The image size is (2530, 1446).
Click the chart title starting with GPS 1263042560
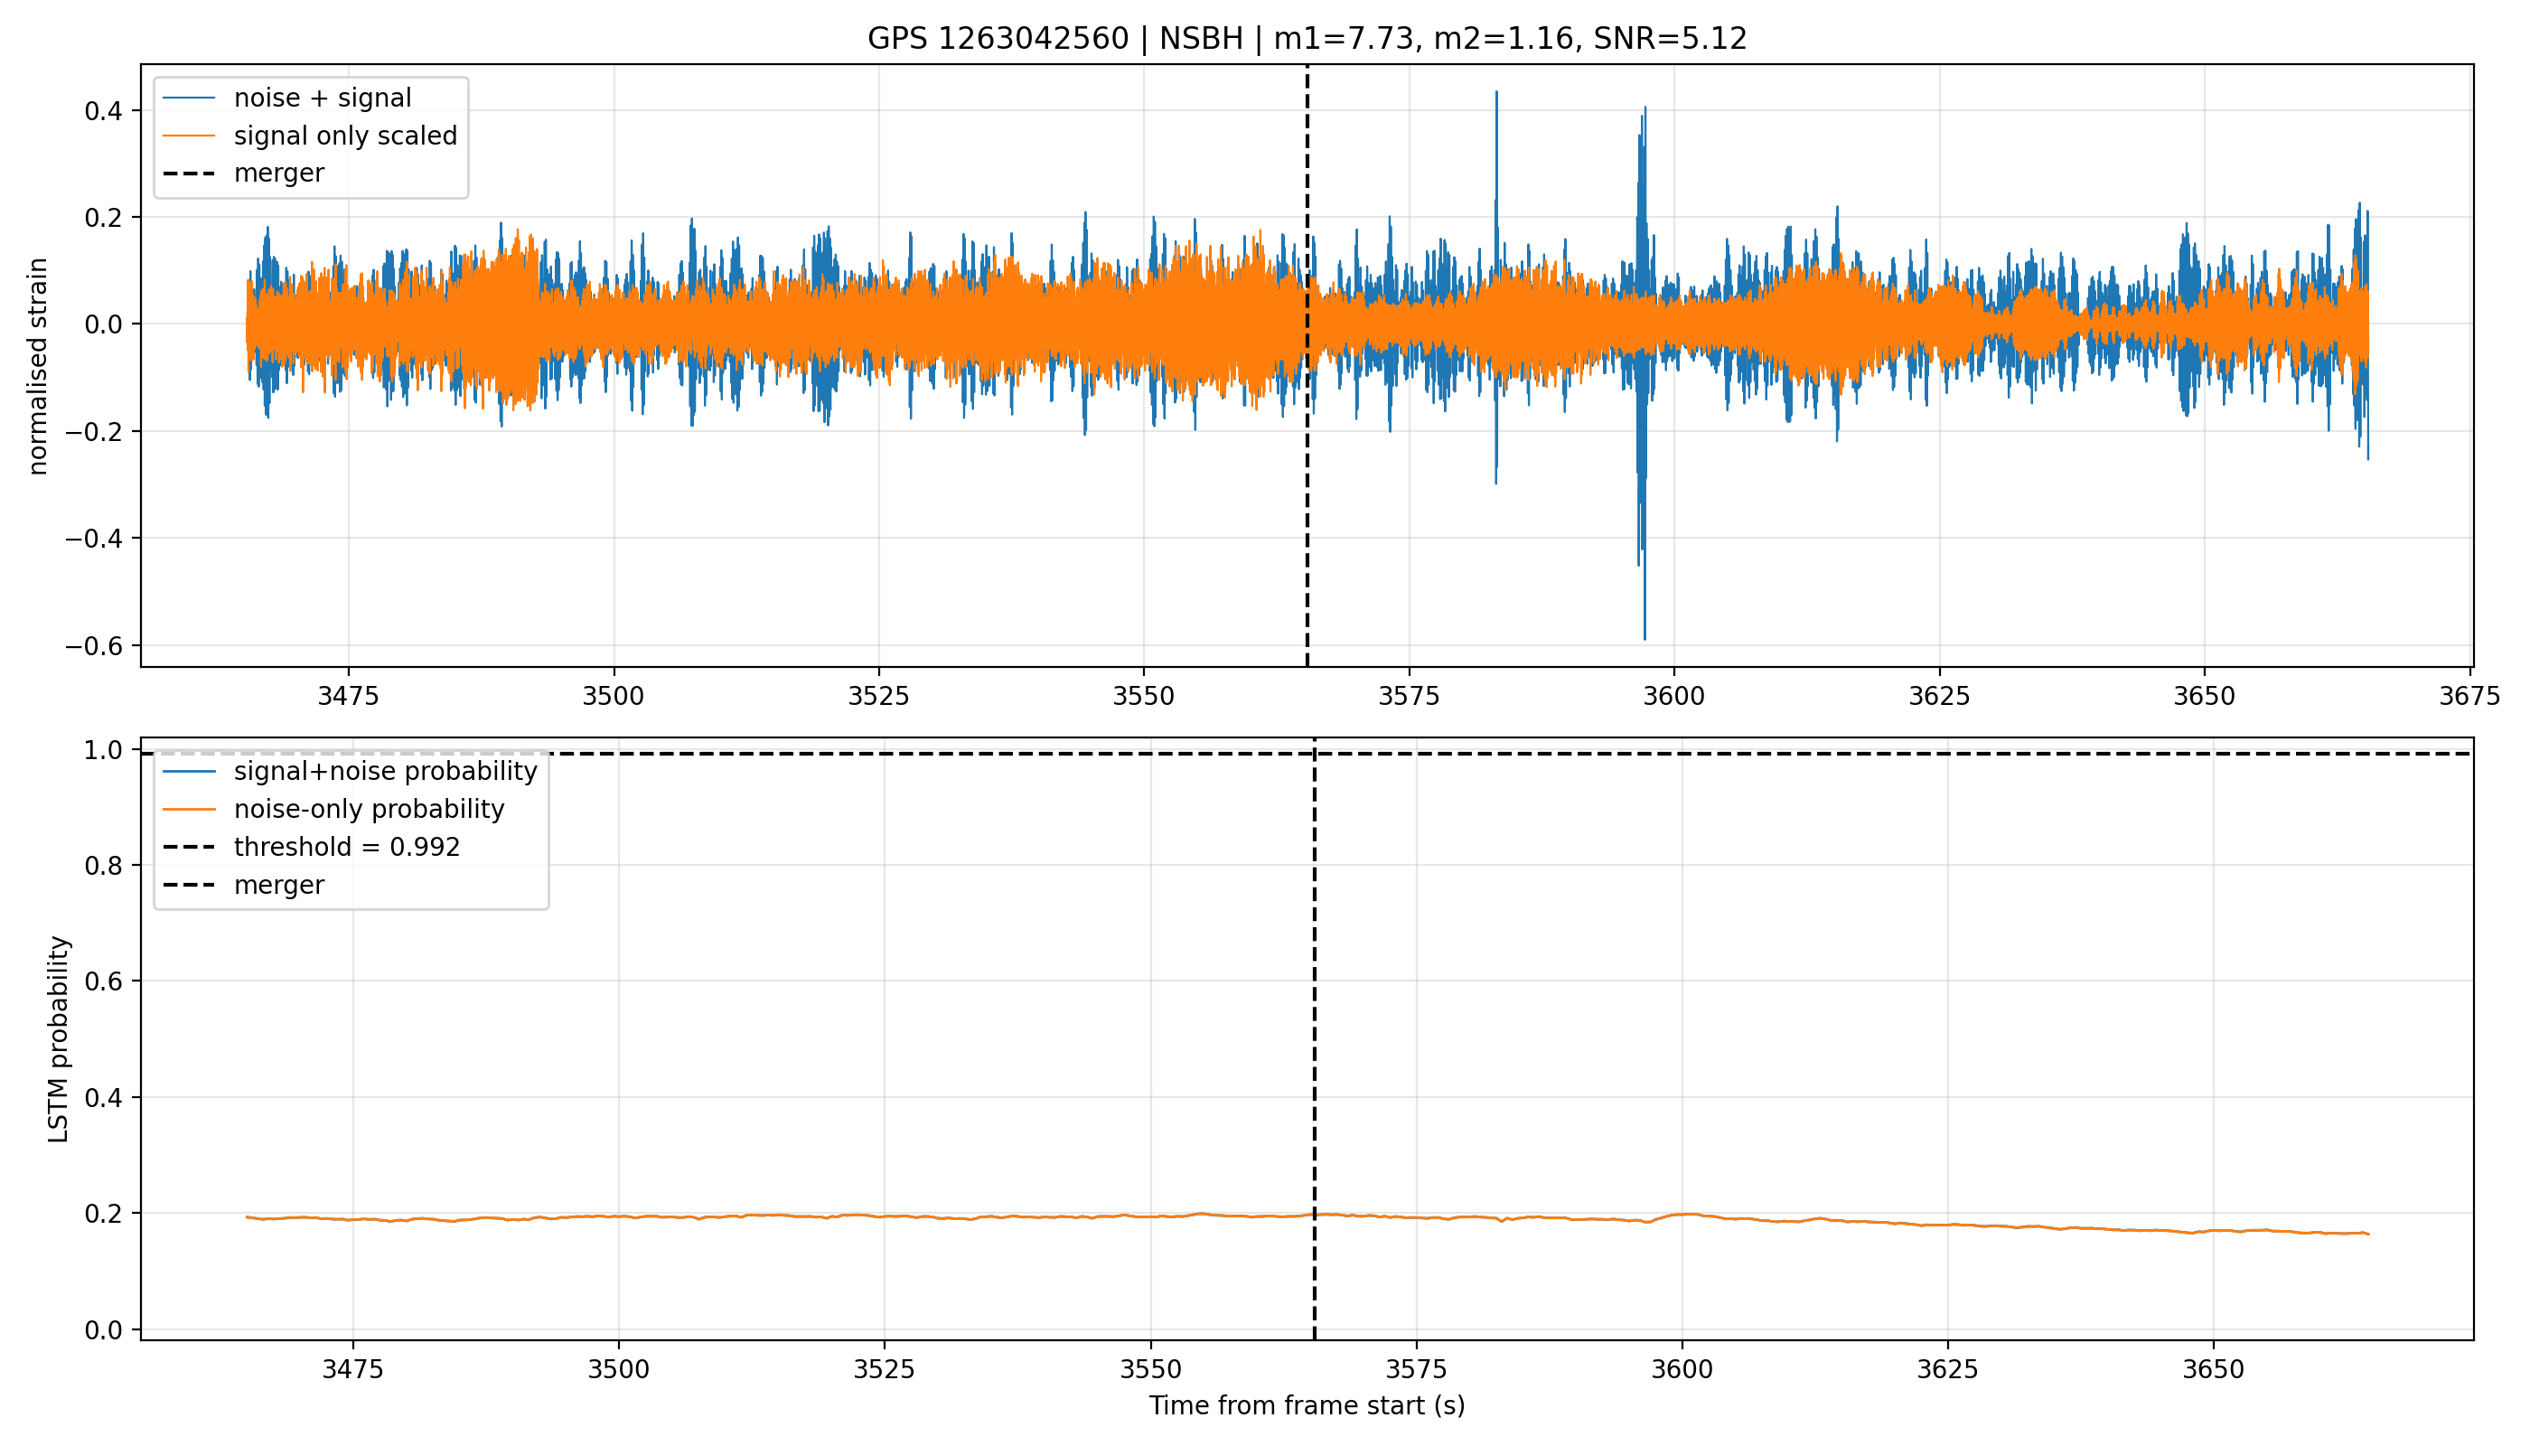(x=1307, y=39)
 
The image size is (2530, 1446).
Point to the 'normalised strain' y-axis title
(x=38, y=366)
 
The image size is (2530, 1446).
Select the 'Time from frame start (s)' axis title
(x=1307, y=1405)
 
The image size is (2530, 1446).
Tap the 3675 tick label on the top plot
(x=2469, y=696)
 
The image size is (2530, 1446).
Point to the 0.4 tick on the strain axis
(x=104, y=110)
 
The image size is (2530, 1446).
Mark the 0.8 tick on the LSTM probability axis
(x=104, y=866)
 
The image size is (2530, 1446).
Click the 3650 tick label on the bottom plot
(x=2213, y=1369)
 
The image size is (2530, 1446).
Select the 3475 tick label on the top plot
(x=349, y=696)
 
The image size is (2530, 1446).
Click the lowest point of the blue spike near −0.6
(x=1644, y=640)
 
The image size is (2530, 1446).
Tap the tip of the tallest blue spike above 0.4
(x=1496, y=91)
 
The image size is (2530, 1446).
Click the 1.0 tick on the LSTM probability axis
(x=104, y=750)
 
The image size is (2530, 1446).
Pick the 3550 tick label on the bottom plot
(x=1150, y=1369)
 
